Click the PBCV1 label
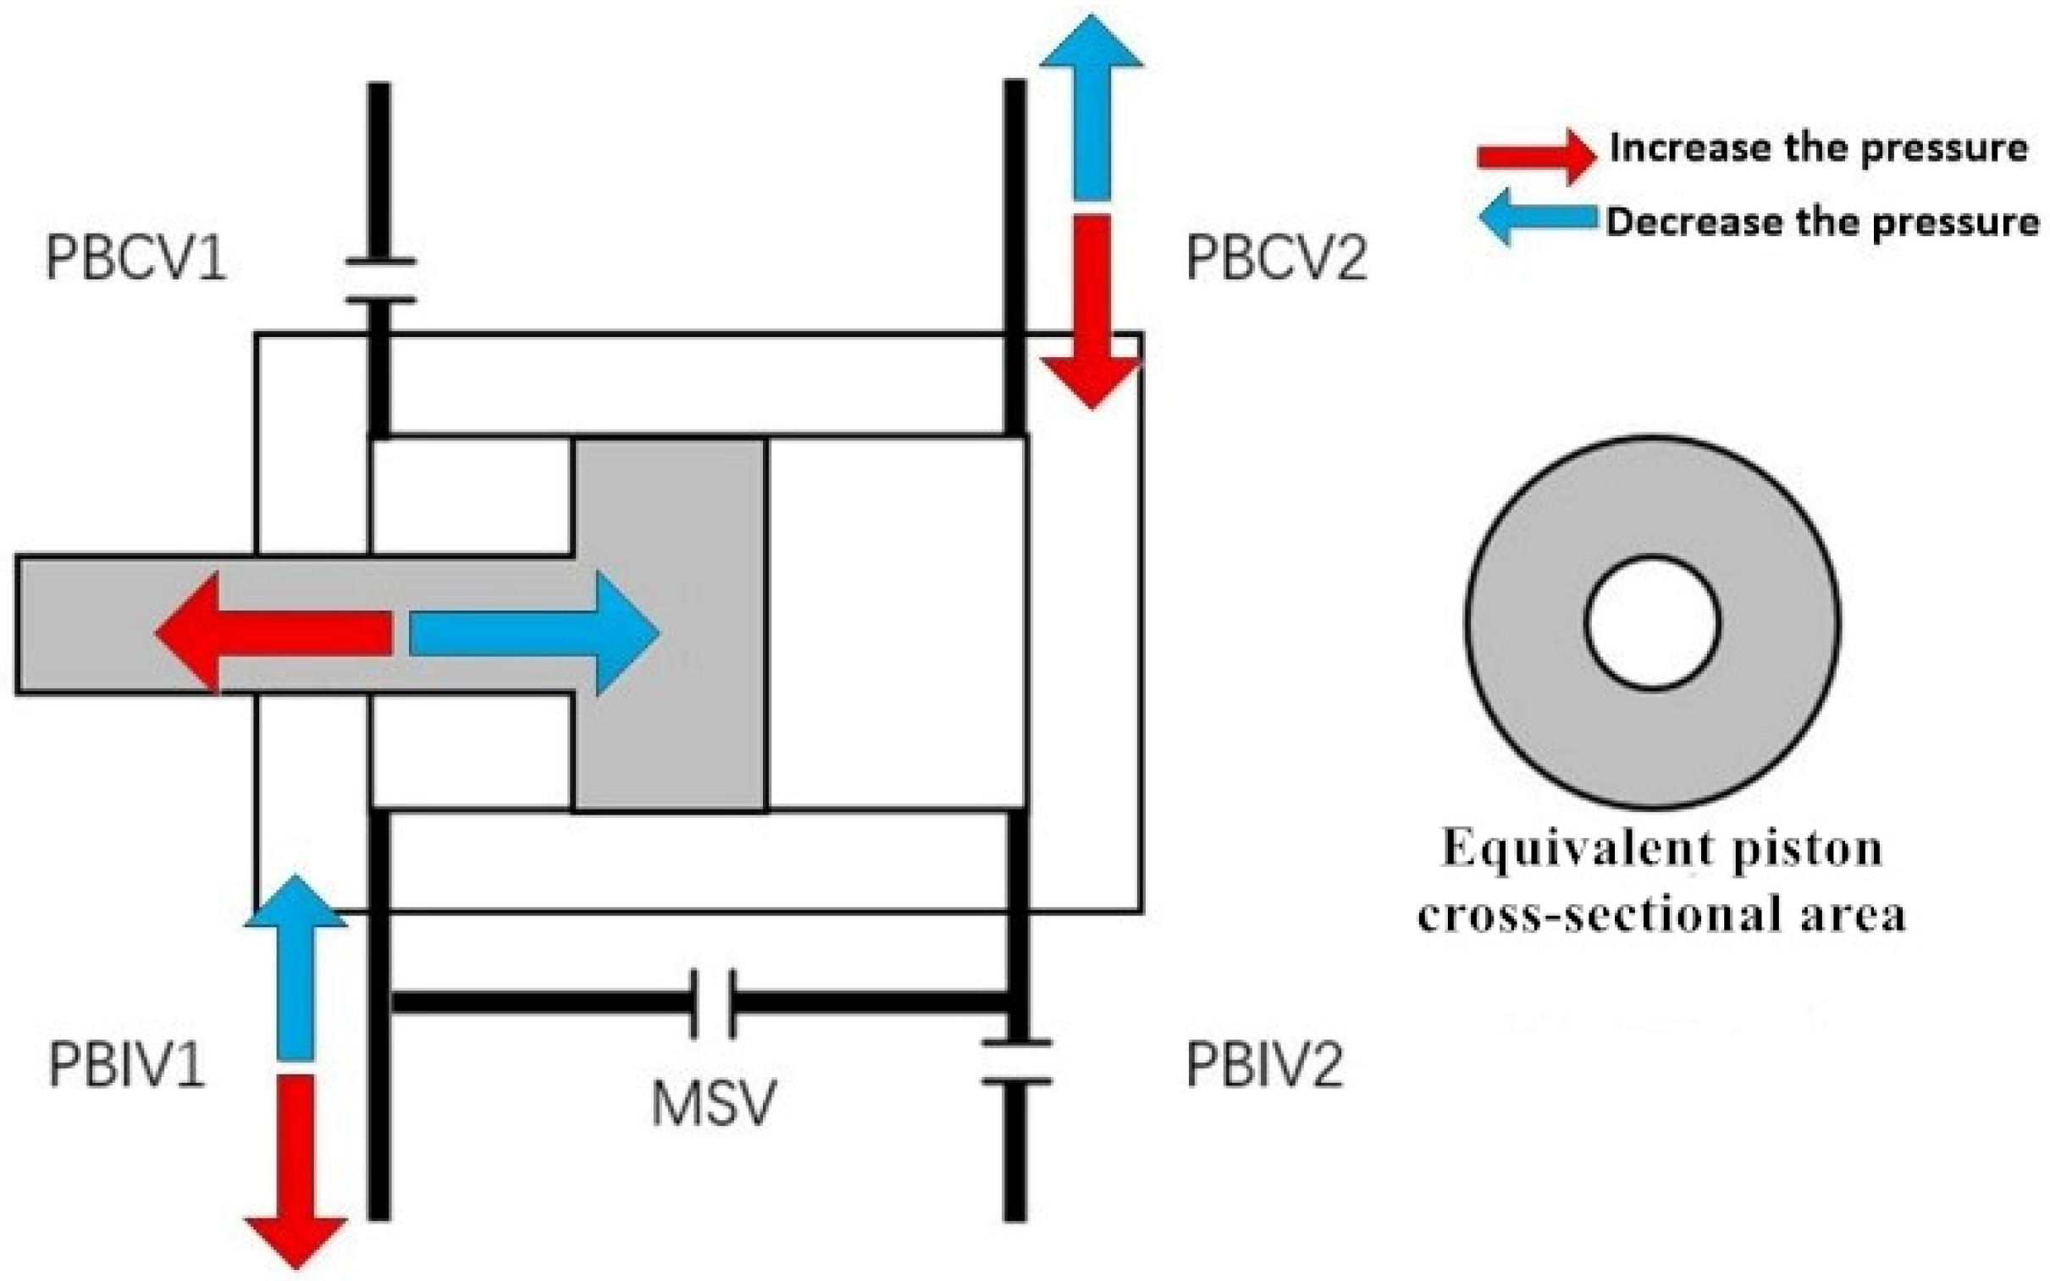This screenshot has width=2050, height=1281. [135, 258]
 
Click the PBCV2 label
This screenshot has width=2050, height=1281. [1276, 258]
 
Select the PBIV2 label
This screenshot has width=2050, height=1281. [1264, 1065]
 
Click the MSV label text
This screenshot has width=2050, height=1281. [713, 1103]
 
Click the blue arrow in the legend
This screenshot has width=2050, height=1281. [1537, 217]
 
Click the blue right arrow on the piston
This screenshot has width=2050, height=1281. [533, 632]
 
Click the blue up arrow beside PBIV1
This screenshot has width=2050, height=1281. [296, 966]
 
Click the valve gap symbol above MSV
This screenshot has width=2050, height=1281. [713, 1004]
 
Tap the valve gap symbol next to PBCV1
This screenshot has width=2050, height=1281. [380, 280]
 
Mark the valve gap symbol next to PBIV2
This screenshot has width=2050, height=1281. [1015, 1063]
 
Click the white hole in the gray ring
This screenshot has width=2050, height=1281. [1652, 622]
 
